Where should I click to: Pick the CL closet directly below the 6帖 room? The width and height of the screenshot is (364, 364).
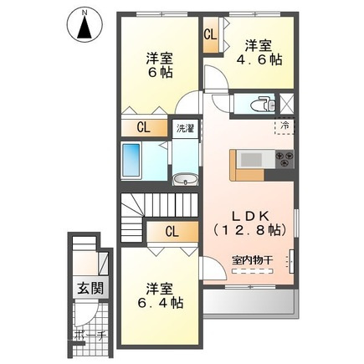click(144, 128)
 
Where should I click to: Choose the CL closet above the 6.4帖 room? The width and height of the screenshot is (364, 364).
click(171, 232)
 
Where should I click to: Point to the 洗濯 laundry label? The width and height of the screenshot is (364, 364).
click(184, 130)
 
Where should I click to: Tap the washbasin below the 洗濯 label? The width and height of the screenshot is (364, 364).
click(185, 178)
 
